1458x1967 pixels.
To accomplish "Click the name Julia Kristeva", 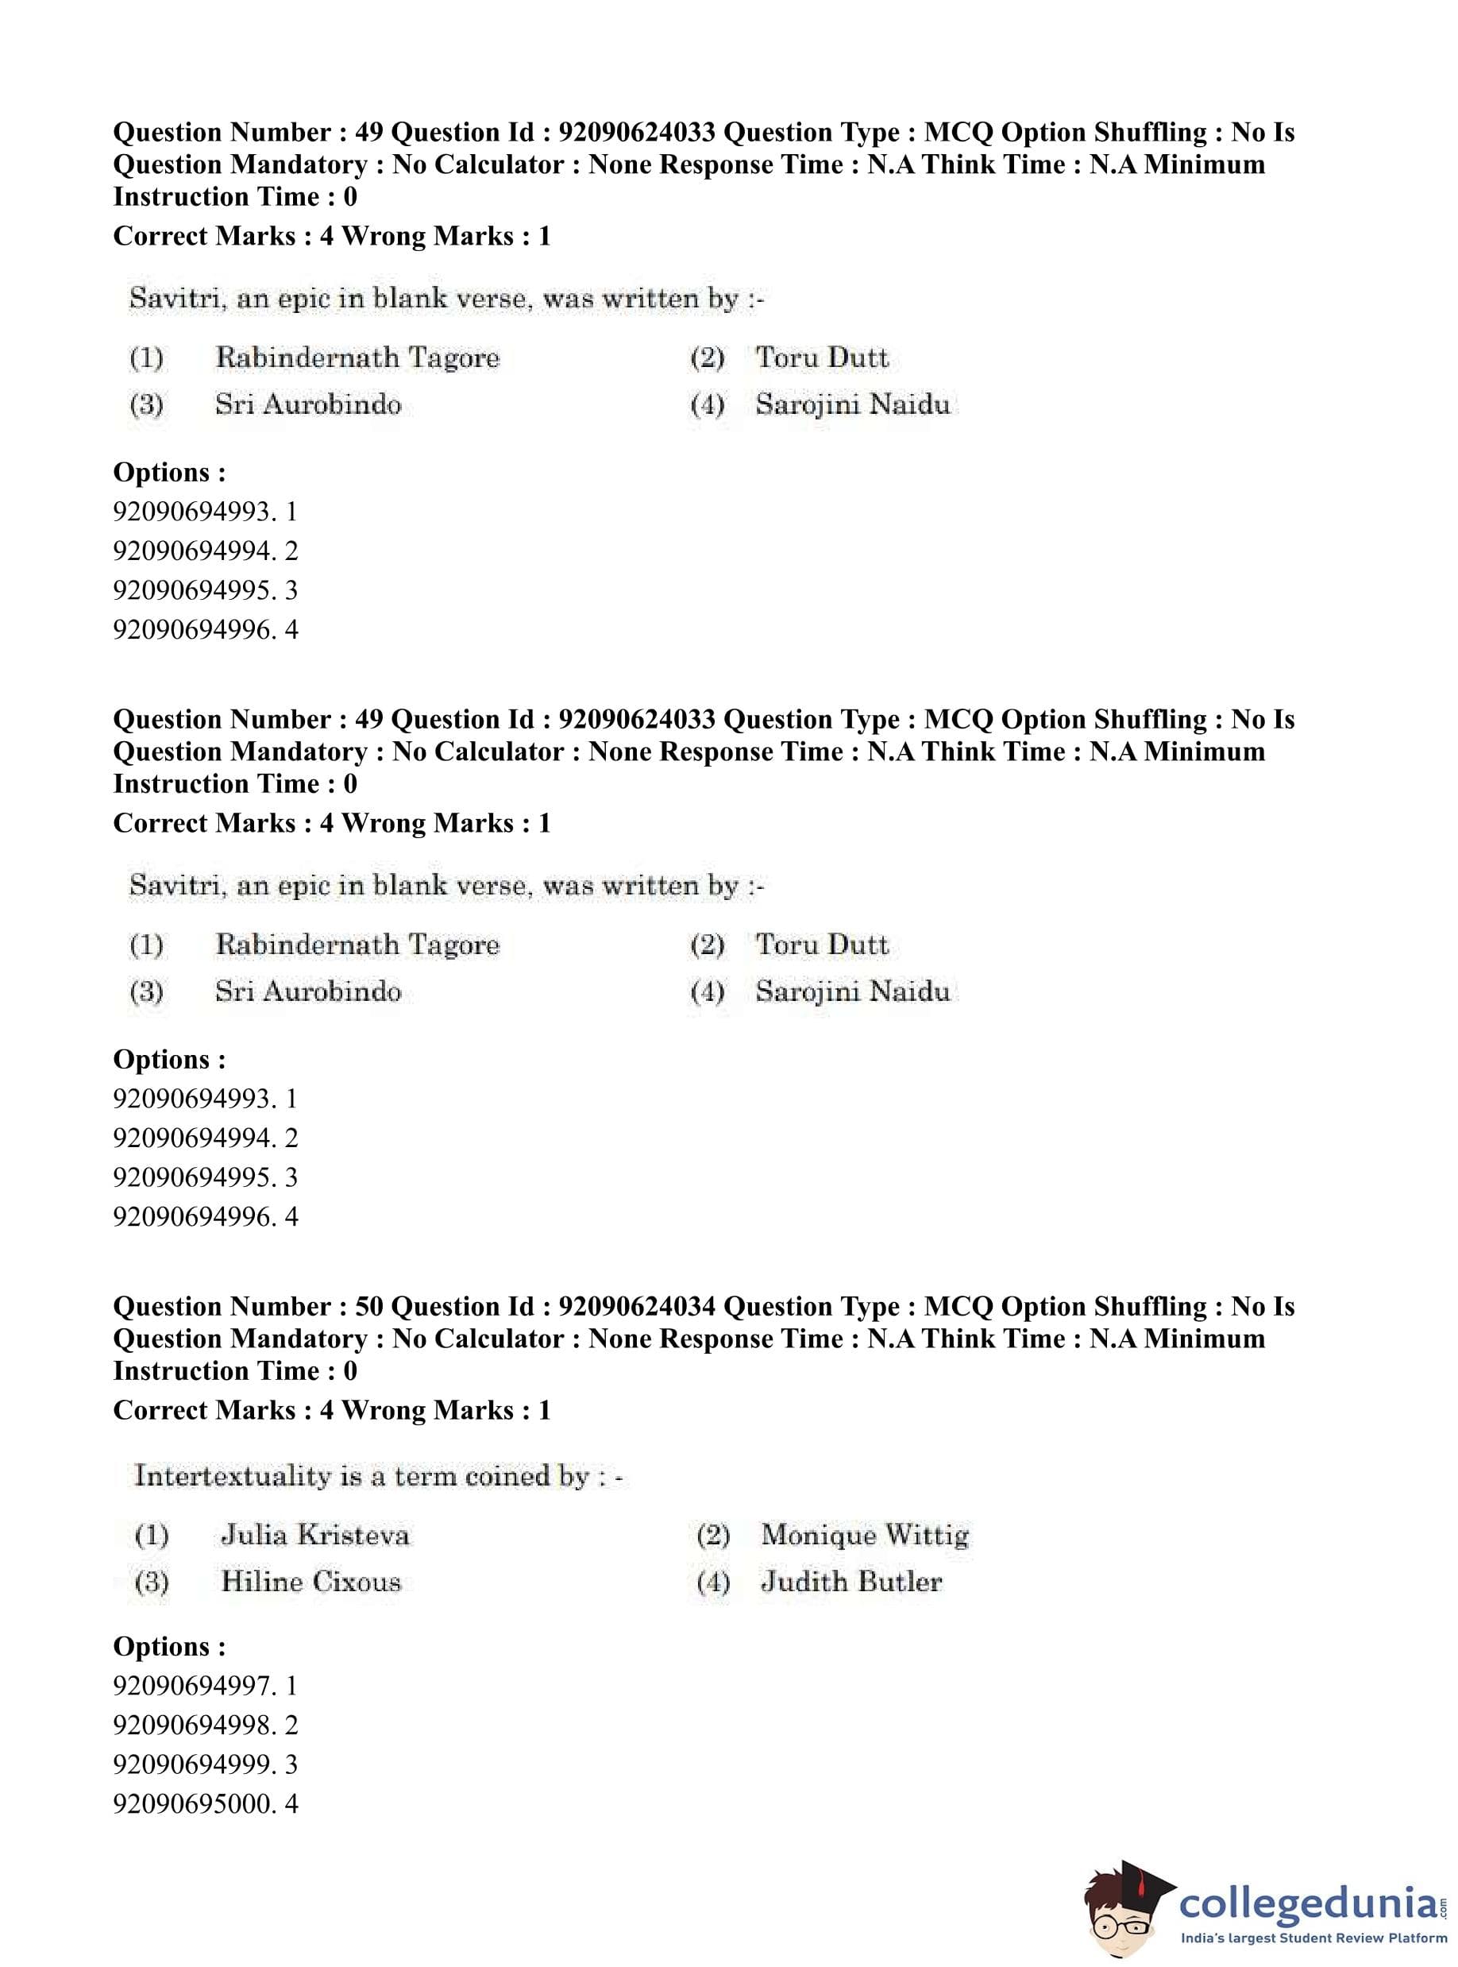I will tap(315, 1536).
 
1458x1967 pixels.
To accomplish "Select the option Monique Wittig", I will tap(865, 1536).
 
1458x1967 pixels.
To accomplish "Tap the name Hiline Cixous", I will tap(310, 1581).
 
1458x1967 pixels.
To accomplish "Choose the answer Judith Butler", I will tap(851, 1581).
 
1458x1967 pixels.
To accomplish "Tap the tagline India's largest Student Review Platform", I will tap(1314, 1938).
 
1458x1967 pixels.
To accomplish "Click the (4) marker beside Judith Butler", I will tap(712, 1582).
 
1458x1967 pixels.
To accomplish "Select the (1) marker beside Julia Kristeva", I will tap(151, 1536).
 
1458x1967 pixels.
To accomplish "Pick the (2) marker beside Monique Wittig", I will tap(712, 1536).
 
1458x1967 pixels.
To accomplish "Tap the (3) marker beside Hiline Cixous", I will tap(151, 1582).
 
